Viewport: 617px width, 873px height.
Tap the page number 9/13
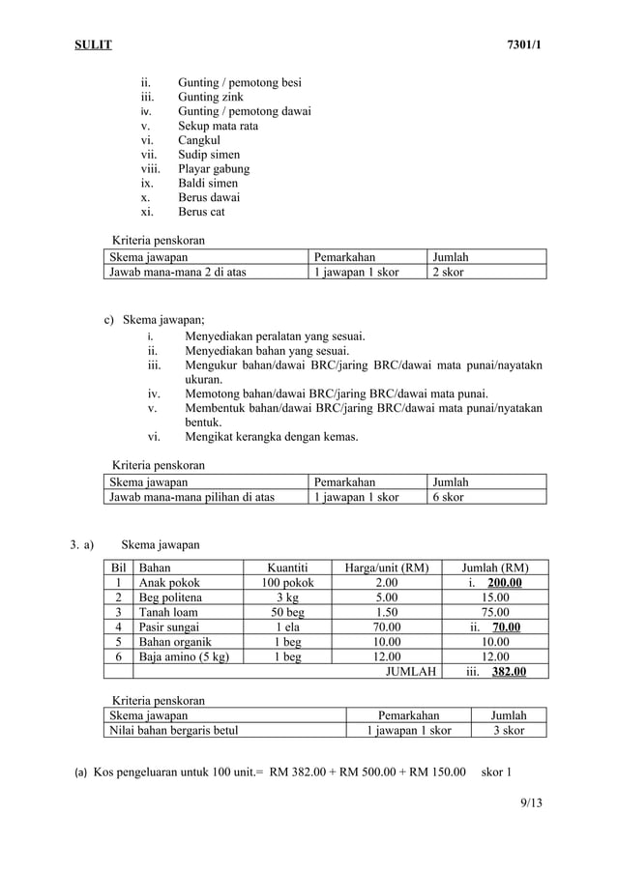click(x=530, y=801)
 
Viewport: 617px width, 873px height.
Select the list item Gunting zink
click(x=210, y=97)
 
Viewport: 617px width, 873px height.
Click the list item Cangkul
click(x=199, y=140)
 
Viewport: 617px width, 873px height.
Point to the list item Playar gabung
click(x=213, y=168)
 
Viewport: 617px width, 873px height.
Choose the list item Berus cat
click(x=201, y=212)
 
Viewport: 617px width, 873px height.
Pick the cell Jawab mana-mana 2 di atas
click(x=178, y=272)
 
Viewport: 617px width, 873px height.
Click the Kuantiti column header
click(x=287, y=567)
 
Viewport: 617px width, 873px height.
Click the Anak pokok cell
click(x=170, y=583)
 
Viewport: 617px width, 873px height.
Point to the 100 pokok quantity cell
click(x=287, y=583)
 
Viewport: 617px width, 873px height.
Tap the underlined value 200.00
click(x=505, y=583)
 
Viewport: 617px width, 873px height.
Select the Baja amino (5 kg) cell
click(x=185, y=656)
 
